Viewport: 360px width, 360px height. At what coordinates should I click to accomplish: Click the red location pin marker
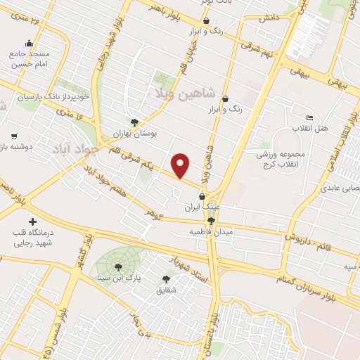point(181,165)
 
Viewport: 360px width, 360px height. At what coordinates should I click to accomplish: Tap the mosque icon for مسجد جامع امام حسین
point(28,42)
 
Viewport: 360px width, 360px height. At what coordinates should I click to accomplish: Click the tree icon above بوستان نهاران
point(134,121)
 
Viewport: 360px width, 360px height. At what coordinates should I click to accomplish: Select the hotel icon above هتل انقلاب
point(309,117)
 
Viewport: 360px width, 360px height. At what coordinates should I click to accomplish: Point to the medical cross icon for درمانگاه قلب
point(33,222)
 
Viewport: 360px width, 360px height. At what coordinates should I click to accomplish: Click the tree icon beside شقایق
point(166,279)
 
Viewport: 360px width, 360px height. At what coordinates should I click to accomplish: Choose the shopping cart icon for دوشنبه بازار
point(14,136)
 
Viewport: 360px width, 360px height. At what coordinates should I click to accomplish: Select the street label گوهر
point(153,212)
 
